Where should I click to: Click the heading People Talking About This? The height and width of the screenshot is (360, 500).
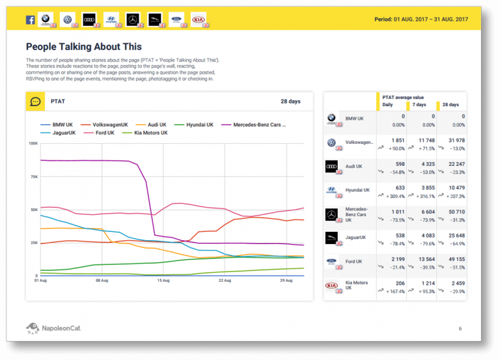(83, 47)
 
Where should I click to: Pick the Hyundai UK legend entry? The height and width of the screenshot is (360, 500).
(199, 124)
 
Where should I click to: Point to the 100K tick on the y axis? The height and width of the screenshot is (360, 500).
(33, 143)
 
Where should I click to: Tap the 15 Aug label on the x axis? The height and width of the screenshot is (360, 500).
(163, 281)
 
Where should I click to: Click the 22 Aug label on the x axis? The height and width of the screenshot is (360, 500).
(225, 281)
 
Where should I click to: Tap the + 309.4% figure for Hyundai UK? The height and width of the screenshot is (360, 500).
(395, 196)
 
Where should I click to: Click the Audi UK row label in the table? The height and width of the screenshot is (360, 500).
(355, 167)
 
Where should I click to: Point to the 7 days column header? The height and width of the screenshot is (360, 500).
(419, 105)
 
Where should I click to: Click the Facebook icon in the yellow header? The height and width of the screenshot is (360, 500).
(30, 20)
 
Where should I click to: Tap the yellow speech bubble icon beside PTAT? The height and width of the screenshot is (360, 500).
(35, 102)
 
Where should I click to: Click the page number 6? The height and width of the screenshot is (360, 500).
(460, 328)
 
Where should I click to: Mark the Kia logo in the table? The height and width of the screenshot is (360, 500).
(332, 285)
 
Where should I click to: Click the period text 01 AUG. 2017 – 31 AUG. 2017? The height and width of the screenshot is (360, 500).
(421, 20)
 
